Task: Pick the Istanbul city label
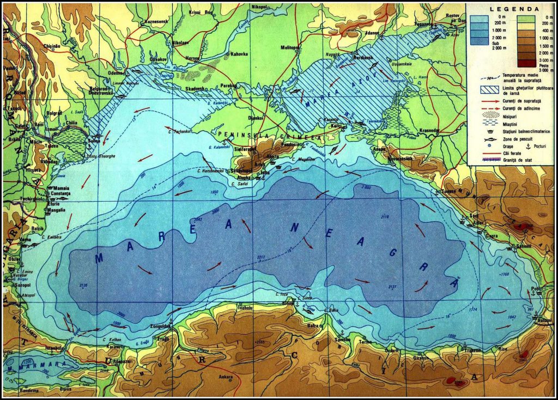(54, 347)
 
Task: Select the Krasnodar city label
(432, 131)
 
